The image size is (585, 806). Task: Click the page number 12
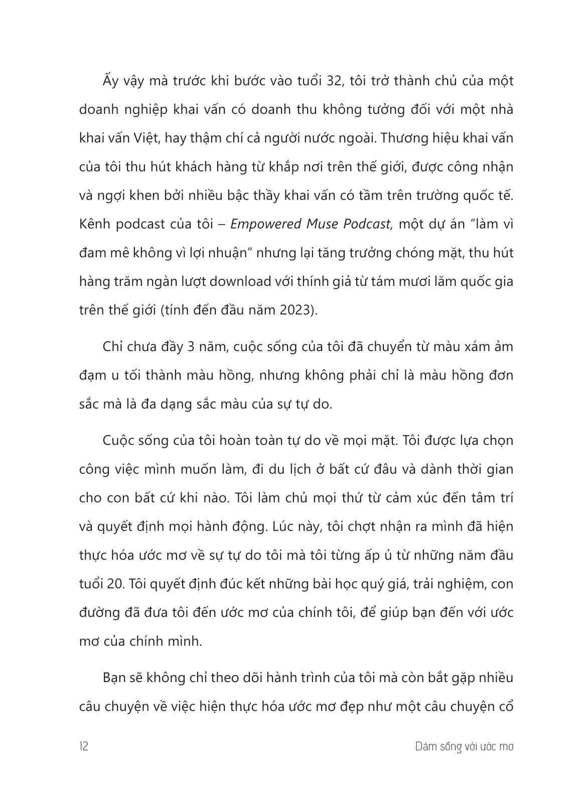(x=84, y=746)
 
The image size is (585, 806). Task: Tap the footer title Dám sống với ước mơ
(x=465, y=746)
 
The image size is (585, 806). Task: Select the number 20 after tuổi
(x=112, y=584)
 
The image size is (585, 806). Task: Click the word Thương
(x=404, y=138)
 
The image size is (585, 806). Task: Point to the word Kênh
(x=94, y=224)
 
